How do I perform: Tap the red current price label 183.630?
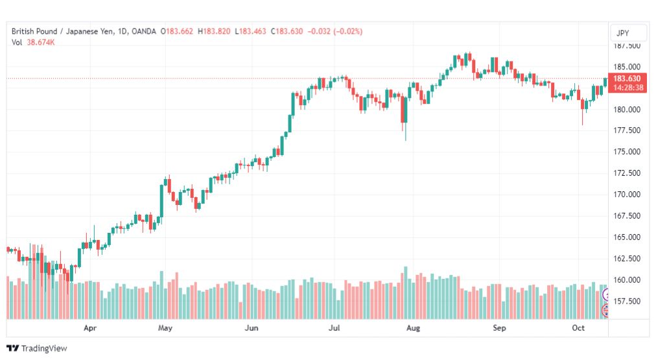[627, 78]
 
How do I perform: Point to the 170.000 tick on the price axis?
[627, 194]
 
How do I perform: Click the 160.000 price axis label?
[627, 280]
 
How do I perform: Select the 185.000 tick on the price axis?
[627, 67]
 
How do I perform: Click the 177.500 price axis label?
[627, 130]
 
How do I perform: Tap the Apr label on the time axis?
[90, 328]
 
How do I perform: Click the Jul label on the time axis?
[334, 328]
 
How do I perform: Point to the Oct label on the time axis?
[578, 328]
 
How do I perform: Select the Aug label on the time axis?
[413, 328]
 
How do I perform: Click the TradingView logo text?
[44, 348]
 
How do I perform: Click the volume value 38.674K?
[41, 42]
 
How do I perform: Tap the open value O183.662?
[177, 31]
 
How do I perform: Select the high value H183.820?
[214, 31]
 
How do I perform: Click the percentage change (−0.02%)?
[347, 31]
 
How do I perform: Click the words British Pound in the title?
[34, 31]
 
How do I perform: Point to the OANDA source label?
[143, 31]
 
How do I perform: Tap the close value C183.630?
[287, 31]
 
